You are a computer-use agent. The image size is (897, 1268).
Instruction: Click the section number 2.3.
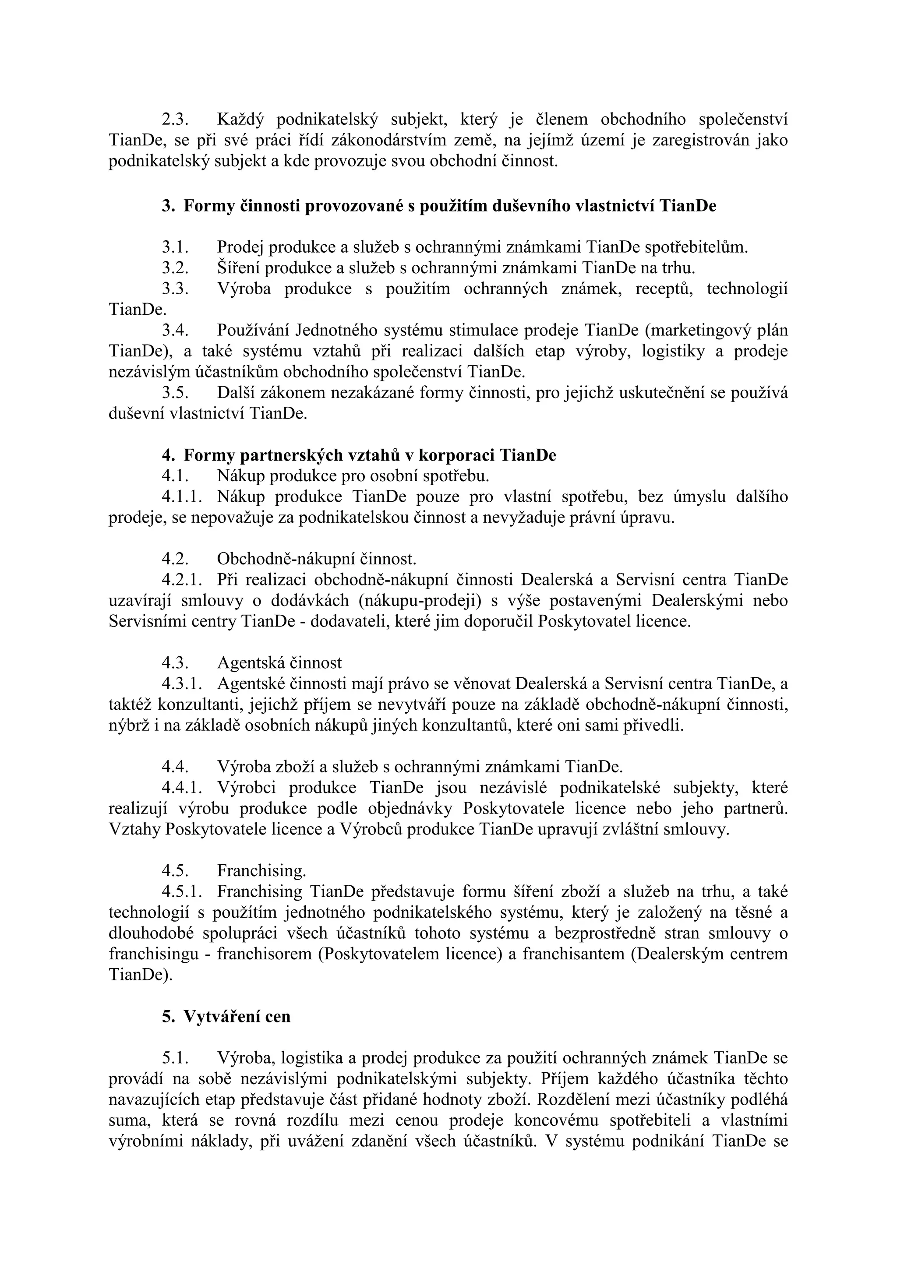coord(175,119)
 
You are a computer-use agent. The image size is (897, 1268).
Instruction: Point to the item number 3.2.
coord(175,268)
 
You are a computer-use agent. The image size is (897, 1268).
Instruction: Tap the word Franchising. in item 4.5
coord(261,871)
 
